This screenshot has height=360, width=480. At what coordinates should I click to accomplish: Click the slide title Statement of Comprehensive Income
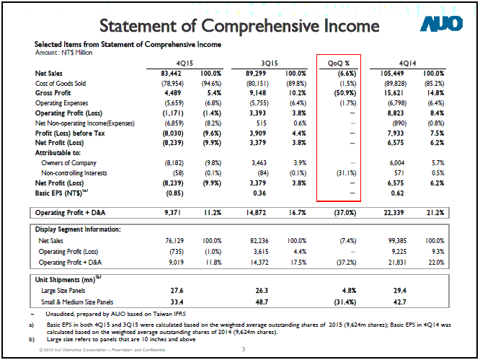(x=239, y=26)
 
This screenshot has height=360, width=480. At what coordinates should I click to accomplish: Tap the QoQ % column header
(x=339, y=63)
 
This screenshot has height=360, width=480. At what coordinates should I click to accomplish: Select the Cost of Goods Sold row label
(x=61, y=84)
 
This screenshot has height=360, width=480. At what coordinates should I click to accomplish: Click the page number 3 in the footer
(x=244, y=350)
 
